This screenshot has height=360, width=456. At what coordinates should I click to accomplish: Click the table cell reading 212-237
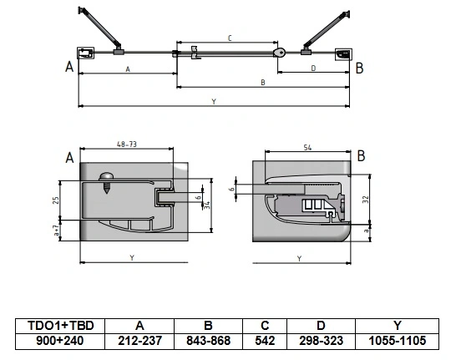pos(139,341)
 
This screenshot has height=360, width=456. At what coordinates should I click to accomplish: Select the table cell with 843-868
pos(208,341)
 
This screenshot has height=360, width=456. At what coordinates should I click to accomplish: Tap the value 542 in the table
pos(265,341)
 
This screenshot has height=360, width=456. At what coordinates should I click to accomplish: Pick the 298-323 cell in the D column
pos(321,341)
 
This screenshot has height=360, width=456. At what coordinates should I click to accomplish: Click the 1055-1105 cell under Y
pos(398,341)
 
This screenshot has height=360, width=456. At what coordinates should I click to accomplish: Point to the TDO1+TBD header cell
pos(60,326)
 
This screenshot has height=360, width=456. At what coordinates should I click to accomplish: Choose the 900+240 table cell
pos(60,341)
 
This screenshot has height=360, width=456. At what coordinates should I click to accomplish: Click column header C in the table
pos(265,326)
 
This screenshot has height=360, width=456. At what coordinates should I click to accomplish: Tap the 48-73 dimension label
pos(126,145)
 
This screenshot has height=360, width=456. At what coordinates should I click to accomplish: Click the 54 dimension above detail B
pos(307,148)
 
